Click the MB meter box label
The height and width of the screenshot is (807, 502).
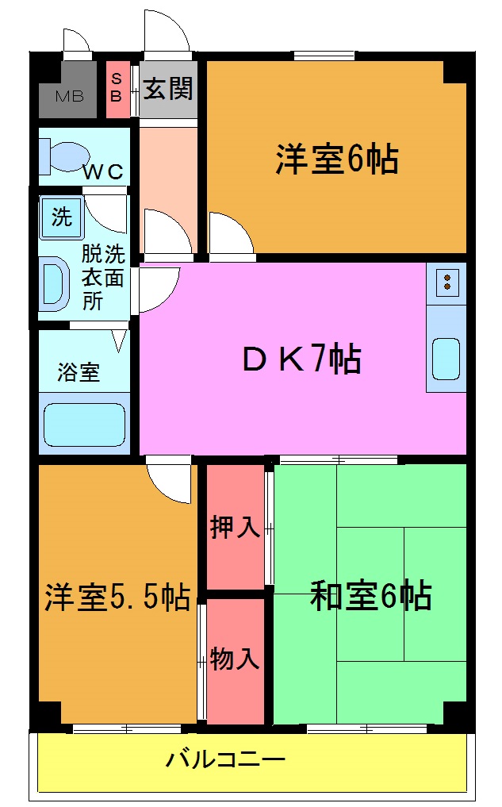[69, 98]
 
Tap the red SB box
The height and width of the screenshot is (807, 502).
[117, 88]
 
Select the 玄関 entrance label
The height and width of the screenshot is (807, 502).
[168, 89]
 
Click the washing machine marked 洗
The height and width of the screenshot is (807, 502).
[61, 217]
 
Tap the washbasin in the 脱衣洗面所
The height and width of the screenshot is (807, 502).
[55, 283]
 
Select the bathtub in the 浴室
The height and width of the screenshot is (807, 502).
[83, 425]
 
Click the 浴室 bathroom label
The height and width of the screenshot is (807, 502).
[79, 372]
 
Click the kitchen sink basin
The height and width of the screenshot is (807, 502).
[446, 359]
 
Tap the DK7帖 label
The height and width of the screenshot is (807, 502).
[301, 359]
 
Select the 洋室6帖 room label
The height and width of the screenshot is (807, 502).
[336, 159]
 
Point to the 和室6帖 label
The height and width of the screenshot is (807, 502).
[370, 594]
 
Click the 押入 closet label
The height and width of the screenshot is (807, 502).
[235, 527]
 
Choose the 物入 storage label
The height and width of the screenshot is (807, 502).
[235, 658]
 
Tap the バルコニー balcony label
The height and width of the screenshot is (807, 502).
[225, 760]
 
